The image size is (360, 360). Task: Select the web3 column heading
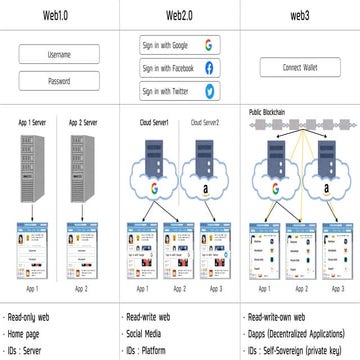click(297, 15)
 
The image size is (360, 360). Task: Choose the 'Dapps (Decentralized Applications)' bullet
click(297, 329)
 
